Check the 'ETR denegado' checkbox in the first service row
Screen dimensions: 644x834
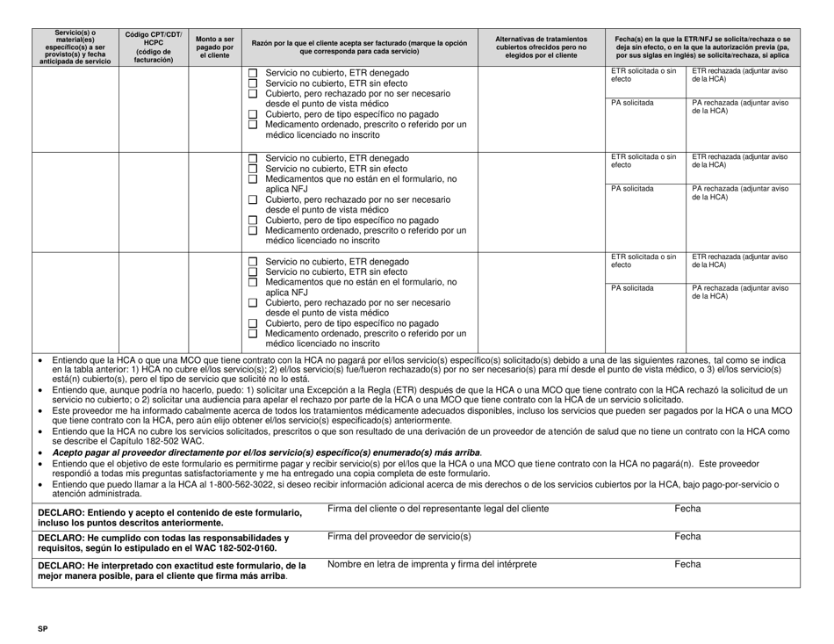[253, 73]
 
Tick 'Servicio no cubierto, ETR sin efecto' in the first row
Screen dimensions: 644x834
[253, 83]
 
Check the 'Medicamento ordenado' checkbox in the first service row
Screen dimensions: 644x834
[253, 125]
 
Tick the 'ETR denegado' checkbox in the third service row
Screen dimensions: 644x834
[253, 262]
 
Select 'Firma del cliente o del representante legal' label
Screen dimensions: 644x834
[438, 509]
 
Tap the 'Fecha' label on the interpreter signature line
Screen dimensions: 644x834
[687, 564]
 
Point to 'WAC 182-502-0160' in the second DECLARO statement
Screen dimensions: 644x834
[232, 547]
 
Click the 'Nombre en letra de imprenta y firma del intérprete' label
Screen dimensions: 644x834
[430, 564]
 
